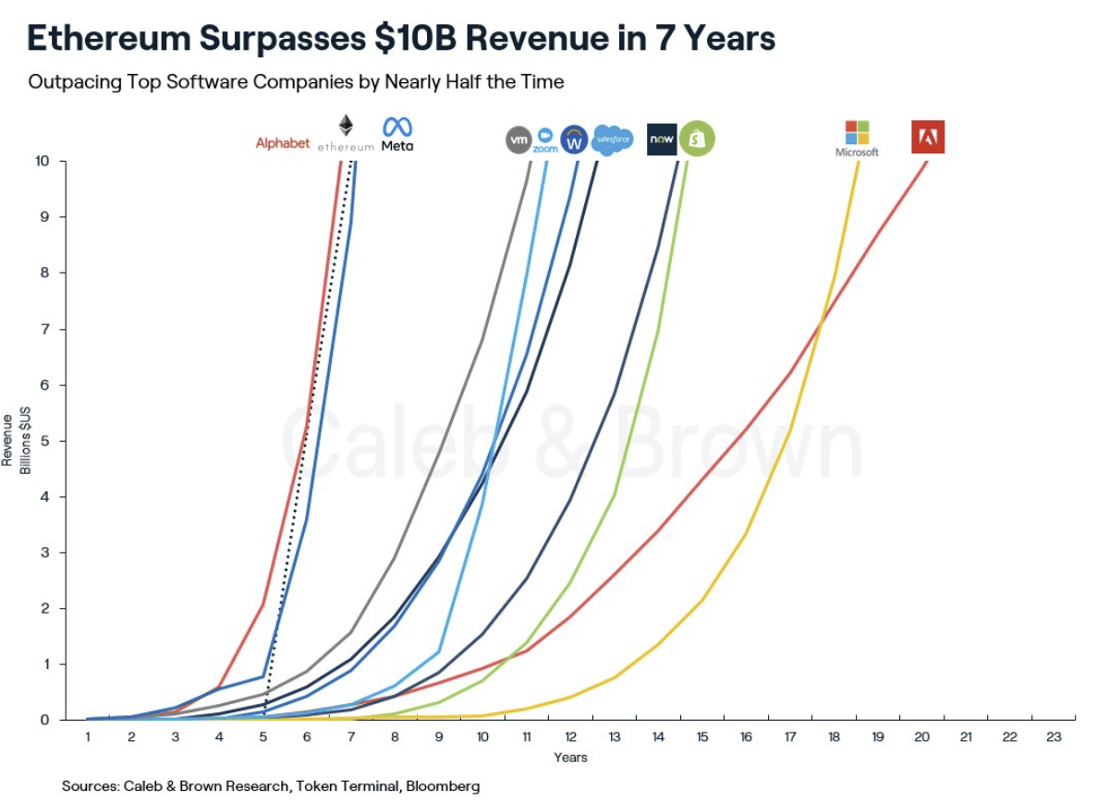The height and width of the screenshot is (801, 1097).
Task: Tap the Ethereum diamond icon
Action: pyautogui.click(x=346, y=127)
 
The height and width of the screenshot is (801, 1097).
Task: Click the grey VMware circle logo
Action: pyautogui.click(x=518, y=140)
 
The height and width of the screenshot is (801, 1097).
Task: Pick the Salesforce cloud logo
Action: pyautogui.click(x=612, y=140)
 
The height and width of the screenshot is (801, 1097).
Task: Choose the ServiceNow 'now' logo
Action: pyautogui.click(x=662, y=140)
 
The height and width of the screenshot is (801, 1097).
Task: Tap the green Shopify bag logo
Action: pyautogui.click(x=697, y=140)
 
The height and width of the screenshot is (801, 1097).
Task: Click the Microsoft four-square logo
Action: pyautogui.click(x=857, y=131)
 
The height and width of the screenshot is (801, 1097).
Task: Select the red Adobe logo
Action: pyautogui.click(x=927, y=137)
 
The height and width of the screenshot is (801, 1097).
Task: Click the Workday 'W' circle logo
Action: pyautogui.click(x=575, y=140)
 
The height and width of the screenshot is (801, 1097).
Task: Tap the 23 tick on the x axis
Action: pyautogui.click(x=1053, y=736)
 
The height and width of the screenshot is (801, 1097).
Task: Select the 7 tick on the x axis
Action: pyautogui.click(x=350, y=736)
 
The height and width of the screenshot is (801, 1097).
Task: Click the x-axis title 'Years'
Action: pyautogui.click(x=570, y=758)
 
